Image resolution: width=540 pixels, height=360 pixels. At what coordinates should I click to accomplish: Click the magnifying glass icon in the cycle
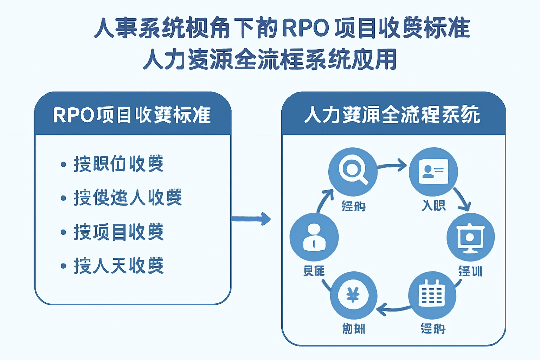[353, 172]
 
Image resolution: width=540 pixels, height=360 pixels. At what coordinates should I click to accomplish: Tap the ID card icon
[433, 172]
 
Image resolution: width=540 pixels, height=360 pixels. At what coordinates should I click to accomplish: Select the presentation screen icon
[470, 237]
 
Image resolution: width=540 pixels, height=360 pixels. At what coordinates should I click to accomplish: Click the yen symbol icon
[353, 295]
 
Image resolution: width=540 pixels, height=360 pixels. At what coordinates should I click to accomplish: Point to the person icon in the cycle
[314, 237]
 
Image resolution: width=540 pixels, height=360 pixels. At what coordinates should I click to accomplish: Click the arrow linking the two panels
[251, 219]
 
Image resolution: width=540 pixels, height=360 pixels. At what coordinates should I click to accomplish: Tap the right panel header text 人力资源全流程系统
[392, 115]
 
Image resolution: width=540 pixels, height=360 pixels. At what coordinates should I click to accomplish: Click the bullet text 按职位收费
[118, 164]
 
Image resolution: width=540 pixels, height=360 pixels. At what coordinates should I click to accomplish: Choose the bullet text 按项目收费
[118, 232]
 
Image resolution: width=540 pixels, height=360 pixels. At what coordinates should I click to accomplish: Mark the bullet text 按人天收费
[118, 265]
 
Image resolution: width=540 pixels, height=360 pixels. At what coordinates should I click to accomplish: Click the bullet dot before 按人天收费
[63, 266]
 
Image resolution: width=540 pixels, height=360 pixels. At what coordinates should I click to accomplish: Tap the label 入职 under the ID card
[433, 205]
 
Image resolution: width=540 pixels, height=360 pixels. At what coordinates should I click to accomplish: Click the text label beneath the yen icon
[353, 329]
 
